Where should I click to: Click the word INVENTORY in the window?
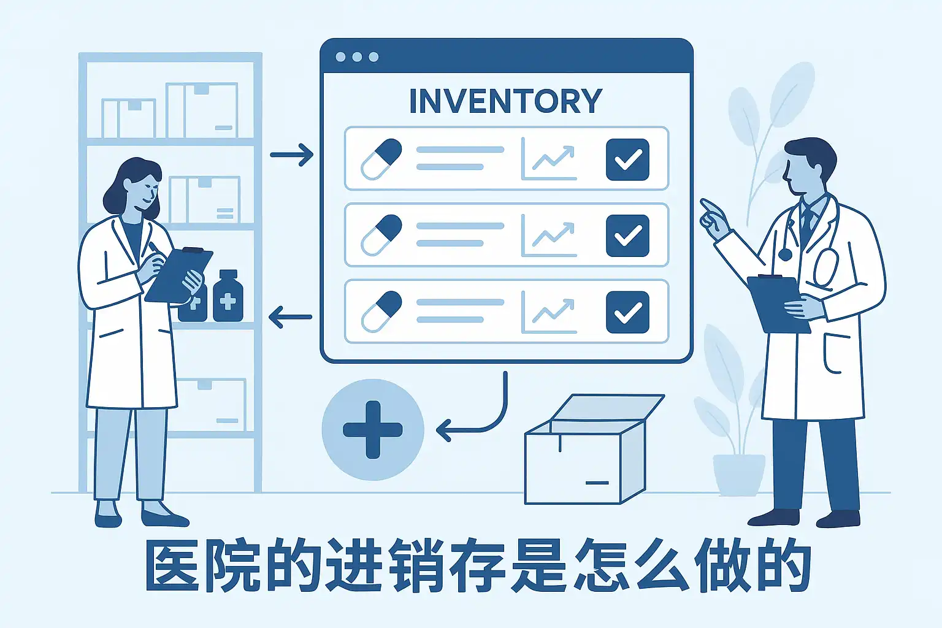tap(506, 101)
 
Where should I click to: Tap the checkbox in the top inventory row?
tap(627, 159)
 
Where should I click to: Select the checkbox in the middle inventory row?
tap(627, 235)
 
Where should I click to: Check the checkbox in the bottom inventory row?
tap(627, 312)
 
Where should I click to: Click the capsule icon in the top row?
tap(381, 159)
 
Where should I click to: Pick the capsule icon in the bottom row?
tap(381, 312)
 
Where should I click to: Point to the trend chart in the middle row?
tap(549, 235)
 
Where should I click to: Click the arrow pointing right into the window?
tap(292, 155)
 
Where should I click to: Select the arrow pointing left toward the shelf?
tap(290, 316)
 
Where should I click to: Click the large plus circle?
tap(373, 429)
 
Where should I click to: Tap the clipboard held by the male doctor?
tap(778, 304)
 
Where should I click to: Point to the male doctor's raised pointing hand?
tap(715, 219)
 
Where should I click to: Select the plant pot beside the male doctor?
tap(739, 475)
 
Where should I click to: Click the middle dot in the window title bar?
tap(357, 57)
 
